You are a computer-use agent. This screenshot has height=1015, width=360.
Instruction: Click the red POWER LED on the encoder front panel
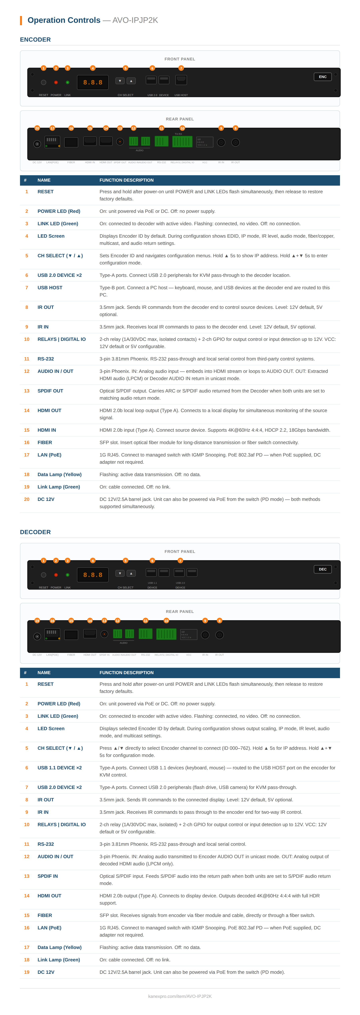click(x=56, y=82)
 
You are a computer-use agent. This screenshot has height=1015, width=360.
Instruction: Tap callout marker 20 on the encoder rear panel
click(x=37, y=128)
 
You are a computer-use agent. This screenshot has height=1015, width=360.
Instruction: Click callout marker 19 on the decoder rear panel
click(x=37, y=621)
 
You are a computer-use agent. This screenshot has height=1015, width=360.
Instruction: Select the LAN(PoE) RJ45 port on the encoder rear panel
click(x=52, y=141)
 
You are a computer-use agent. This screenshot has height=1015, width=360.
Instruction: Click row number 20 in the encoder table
click(x=27, y=499)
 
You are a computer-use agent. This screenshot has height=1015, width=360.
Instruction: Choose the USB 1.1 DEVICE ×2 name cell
click(x=59, y=768)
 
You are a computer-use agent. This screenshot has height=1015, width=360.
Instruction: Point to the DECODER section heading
click(x=35, y=532)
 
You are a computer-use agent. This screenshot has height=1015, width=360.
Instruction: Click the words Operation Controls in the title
click(x=64, y=20)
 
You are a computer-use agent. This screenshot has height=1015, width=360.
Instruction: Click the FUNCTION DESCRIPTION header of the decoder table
click(x=126, y=673)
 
